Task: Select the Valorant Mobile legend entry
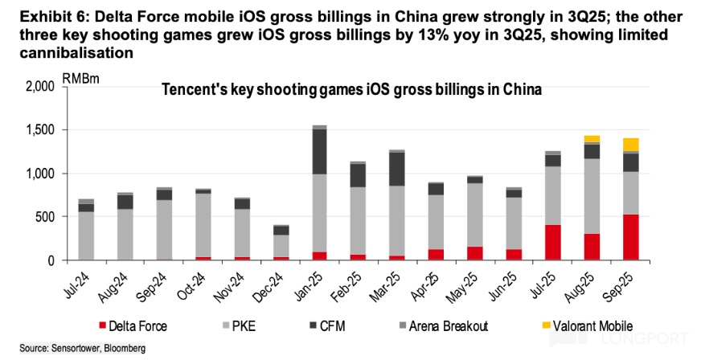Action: pyautogui.click(x=586, y=327)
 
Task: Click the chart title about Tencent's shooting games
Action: pyautogui.click(x=352, y=91)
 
